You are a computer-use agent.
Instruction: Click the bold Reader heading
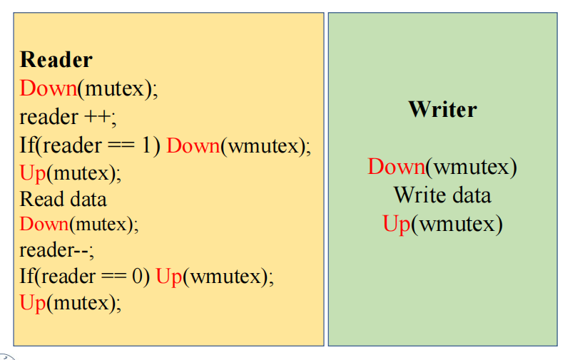[56, 59]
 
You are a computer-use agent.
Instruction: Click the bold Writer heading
[442, 109]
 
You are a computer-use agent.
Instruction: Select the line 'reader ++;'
[68, 117]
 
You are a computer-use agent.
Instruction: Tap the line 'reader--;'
[57, 250]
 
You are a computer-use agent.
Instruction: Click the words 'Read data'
[63, 199]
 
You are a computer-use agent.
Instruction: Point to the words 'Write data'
[442, 195]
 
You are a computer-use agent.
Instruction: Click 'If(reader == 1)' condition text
[90, 145]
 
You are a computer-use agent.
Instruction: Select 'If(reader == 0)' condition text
[85, 276]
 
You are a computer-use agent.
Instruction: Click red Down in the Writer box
[397, 166]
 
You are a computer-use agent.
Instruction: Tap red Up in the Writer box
[397, 224]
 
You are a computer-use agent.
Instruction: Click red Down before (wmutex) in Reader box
[193, 145]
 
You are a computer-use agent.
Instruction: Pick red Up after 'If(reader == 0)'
[169, 277]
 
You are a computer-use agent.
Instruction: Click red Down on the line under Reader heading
[49, 88]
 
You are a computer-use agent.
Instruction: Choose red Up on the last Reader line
[33, 303]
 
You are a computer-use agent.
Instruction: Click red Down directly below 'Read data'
[44, 224]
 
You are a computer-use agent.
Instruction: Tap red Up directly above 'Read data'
[33, 173]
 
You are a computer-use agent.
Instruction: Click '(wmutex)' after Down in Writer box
[472, 168]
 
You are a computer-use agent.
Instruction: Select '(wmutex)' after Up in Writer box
[457, 225]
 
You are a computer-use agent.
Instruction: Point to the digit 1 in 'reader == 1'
[146, 145]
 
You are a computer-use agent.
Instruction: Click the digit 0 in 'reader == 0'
[137, 276]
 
